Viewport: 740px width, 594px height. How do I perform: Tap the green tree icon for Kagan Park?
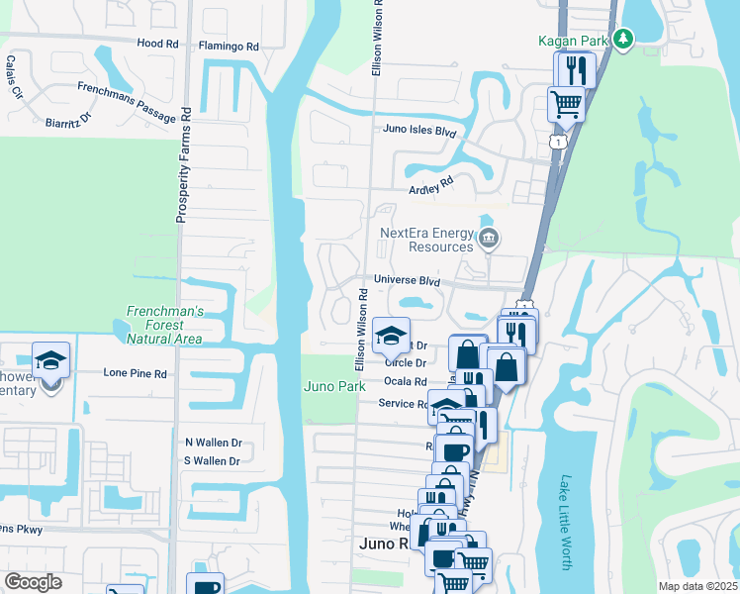pos(622,40)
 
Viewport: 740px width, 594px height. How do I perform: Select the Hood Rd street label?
pos(157,45)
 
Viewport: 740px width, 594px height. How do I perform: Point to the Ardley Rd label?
pos(430,185)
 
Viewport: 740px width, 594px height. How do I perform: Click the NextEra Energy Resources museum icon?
pos(488,239)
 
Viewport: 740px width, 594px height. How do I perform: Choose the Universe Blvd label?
pos(407,281)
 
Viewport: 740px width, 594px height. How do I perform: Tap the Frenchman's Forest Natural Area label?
pos(165,325)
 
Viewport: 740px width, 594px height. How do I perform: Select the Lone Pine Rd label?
pos(136,374)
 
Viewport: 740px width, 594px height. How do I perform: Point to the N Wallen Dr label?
pos(213,443)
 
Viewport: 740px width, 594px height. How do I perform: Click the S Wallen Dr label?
pos(213,461)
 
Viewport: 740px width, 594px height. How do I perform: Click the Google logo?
pos(34,582)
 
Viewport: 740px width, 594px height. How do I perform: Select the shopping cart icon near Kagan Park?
pos(566,102)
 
